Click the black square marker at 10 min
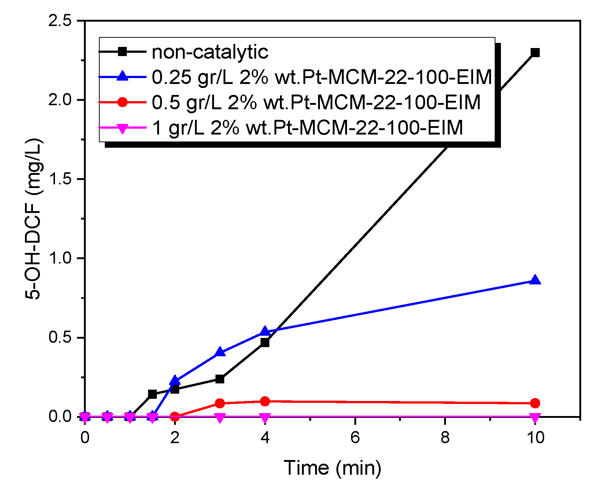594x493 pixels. (535, 52)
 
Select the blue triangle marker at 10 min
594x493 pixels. (535, 280)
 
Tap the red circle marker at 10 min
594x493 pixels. (535, 403)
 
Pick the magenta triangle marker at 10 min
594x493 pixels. (535, 417)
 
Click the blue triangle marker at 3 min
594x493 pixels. (219, 352)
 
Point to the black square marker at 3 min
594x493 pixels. (219, 379)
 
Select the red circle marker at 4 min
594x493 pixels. (265, 401)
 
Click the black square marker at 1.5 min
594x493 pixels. (152, 394)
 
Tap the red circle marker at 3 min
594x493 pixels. (219, 404)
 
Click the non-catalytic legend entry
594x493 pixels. (210, 52)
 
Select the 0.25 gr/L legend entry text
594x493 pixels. (322, 77)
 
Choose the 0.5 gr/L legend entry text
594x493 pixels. (316, 102)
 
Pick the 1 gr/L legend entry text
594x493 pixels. (307, 128)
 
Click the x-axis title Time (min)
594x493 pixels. (332, 468)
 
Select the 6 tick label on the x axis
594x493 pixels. (355, 437)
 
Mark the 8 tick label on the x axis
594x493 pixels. (445, 437)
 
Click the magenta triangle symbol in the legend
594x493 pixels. (122, 128)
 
